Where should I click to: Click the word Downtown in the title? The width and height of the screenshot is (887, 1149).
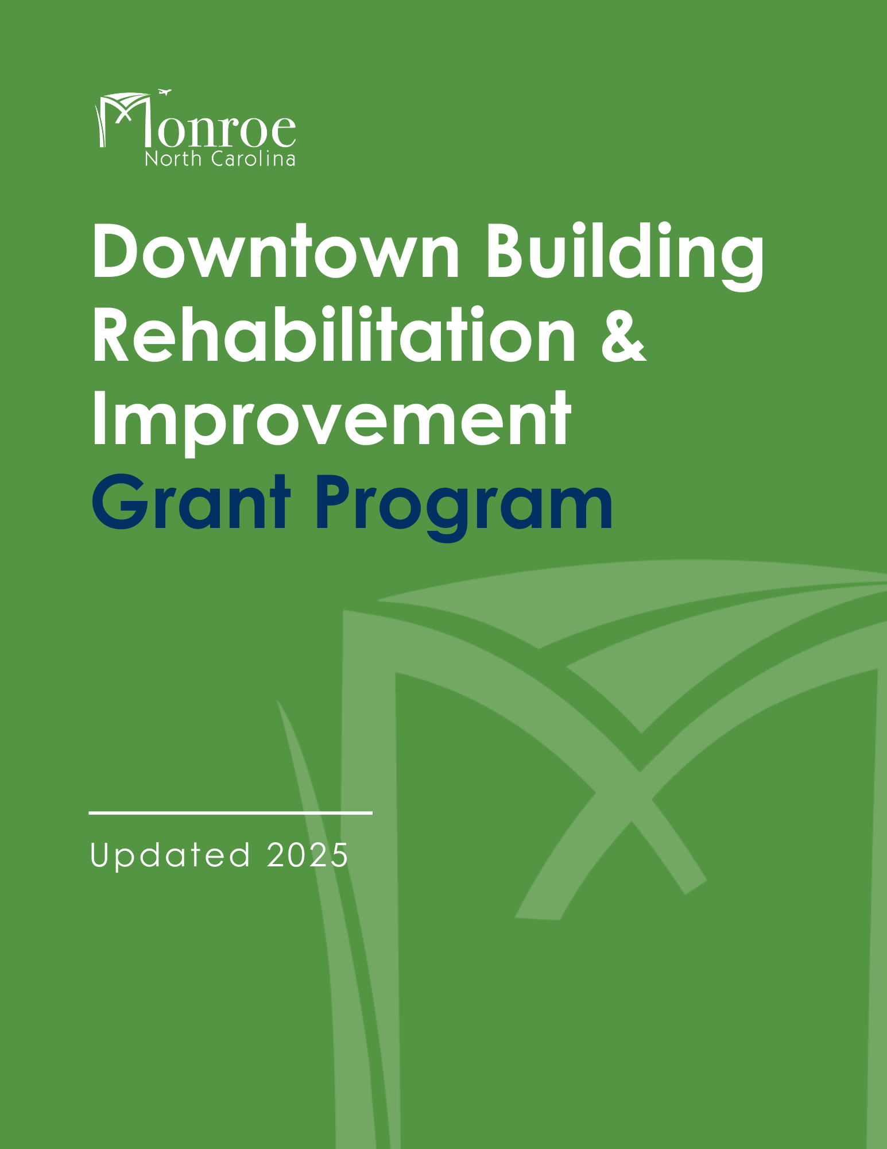pos(276,251)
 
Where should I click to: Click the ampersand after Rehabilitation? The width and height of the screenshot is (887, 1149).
pos(623,337)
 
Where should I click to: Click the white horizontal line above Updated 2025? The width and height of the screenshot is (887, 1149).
pos(231,813)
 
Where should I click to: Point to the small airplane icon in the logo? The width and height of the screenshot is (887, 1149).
pos(165,92)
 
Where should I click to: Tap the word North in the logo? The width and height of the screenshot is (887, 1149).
pos(173,159)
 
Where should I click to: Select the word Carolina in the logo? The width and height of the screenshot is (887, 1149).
pos(253,159)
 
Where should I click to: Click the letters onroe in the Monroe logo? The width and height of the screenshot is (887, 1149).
pos(226,130)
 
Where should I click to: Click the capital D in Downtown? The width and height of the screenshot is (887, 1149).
pos(118,251)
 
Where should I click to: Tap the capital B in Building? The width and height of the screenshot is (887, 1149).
pos(505,251)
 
